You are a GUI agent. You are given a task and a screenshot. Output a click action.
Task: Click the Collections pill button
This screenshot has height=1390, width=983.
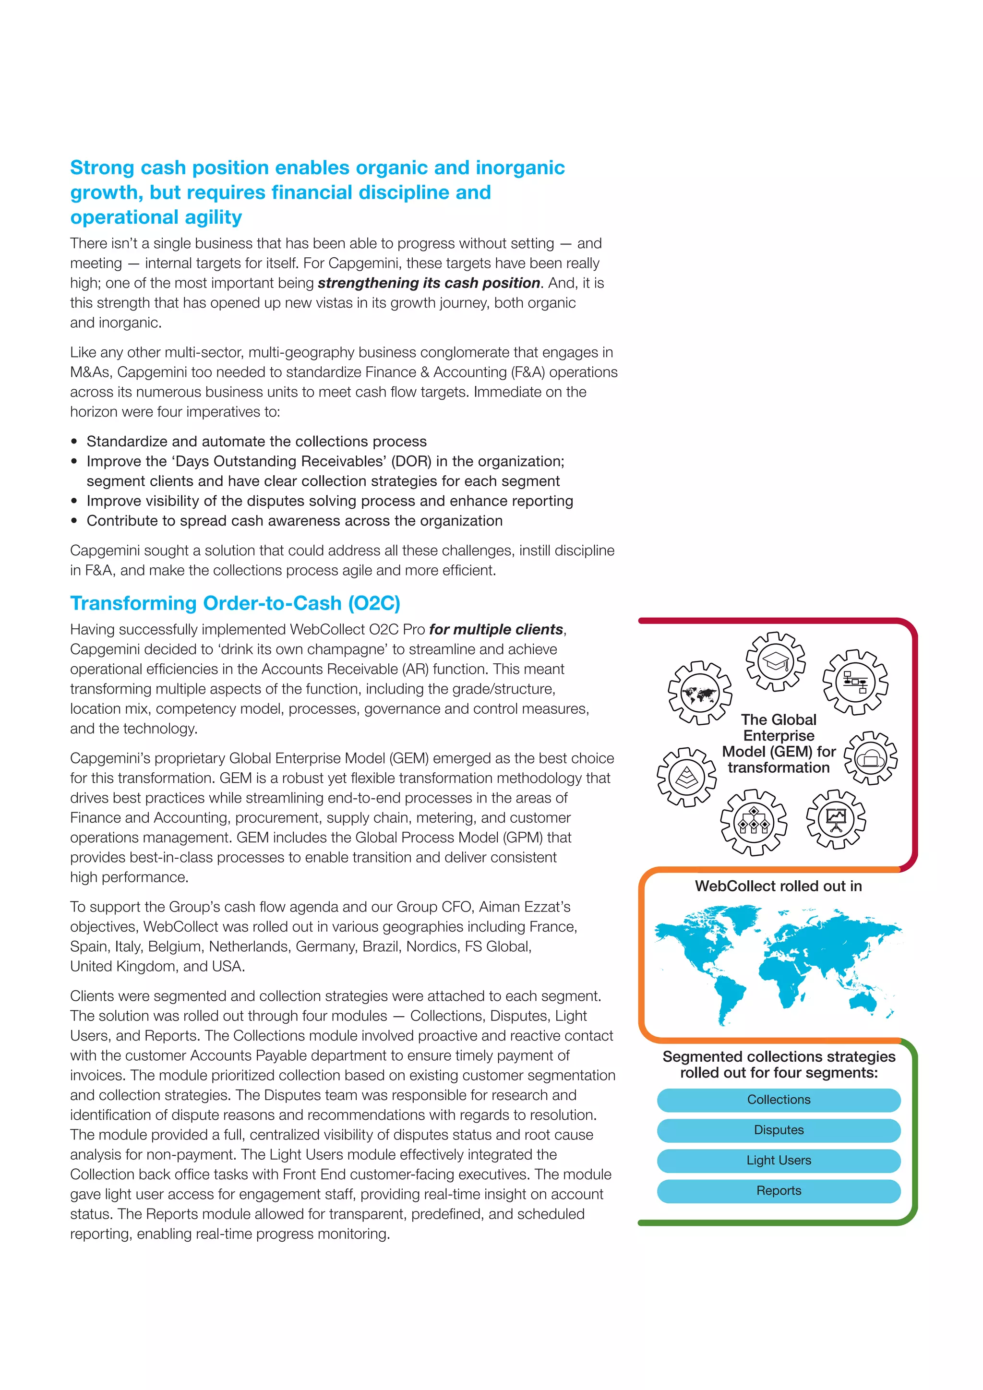[x=779, y=1100]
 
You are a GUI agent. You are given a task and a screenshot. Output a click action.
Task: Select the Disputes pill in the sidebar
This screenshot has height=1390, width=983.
[x=779, y=1130]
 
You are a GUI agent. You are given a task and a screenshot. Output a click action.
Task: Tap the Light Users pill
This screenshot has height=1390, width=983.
[x=779, y=1160]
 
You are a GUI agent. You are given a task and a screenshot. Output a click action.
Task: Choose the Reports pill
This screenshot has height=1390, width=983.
[x=779, y=1190]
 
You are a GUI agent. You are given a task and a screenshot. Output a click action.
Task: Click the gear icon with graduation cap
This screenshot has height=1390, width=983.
[x=775, y=661]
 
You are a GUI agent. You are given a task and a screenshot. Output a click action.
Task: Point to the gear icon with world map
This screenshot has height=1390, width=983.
[x=699, y=693]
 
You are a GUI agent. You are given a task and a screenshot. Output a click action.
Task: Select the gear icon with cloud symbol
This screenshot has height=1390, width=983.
[x=870, y=758]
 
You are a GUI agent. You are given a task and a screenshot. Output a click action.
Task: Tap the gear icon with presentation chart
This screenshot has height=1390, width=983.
[x=836, y=819]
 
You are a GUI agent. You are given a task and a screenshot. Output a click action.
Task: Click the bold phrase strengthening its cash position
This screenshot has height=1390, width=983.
[x=429, y=283]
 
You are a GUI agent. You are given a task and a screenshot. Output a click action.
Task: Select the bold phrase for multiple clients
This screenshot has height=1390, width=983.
[x=496, y=630]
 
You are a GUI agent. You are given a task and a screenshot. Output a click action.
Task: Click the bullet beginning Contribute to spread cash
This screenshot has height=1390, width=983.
[x=294, y=521]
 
